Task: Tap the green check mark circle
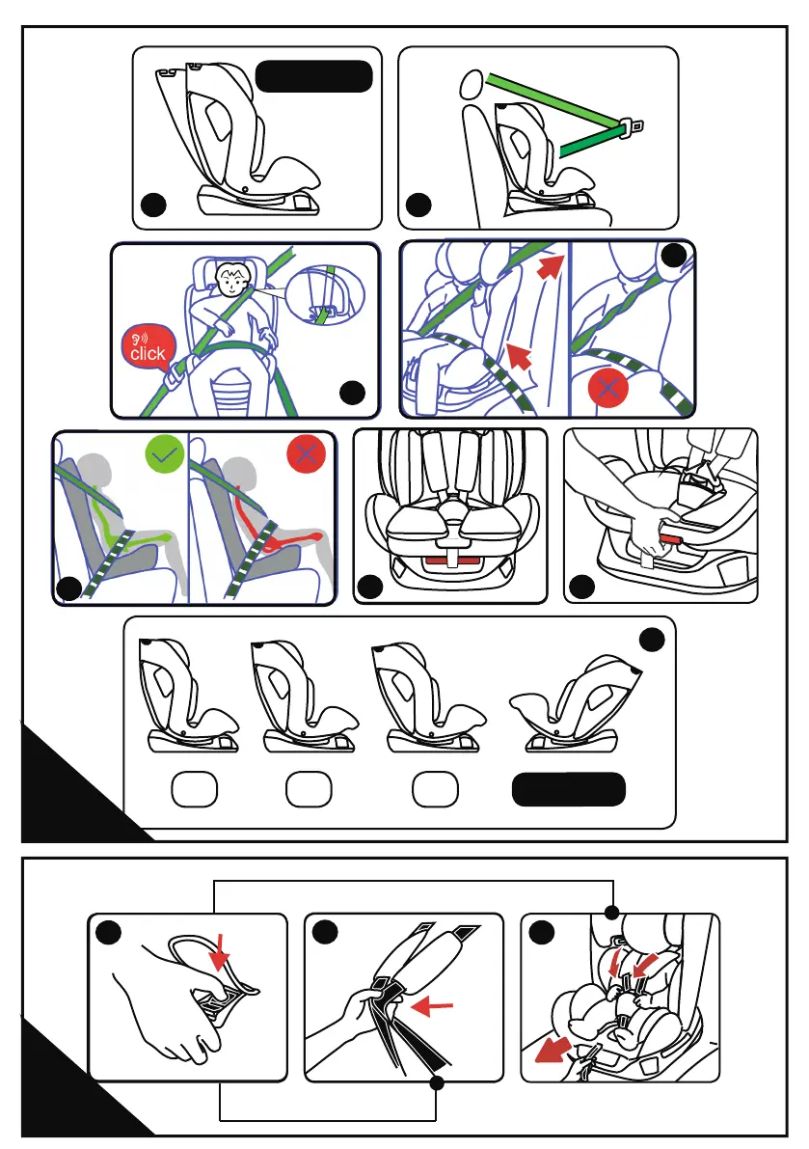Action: [x=165, y=454]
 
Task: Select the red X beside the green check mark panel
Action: [x=306, y=454]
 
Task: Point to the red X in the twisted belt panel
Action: [x=607, y=387]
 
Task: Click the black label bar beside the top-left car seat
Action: [x=314, y=76]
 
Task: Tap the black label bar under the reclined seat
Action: [x=569, y=789]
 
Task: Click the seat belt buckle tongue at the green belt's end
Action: [x=632, y=127]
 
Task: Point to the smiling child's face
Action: [x=231, y=280]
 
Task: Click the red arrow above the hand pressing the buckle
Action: [x=219, y=954]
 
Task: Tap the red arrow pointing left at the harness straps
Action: [x=432, y=1006]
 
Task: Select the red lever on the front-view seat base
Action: [x=452, y=561]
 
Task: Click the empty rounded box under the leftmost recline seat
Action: [x=194, y=789]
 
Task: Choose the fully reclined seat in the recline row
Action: [x=576, y=705]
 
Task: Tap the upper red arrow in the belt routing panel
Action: [x=552, y=266]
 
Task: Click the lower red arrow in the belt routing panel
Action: [x=519, y=356]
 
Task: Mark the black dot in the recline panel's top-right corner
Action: [x=652, y=640]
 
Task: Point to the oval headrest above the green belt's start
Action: [x=472, y=84]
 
